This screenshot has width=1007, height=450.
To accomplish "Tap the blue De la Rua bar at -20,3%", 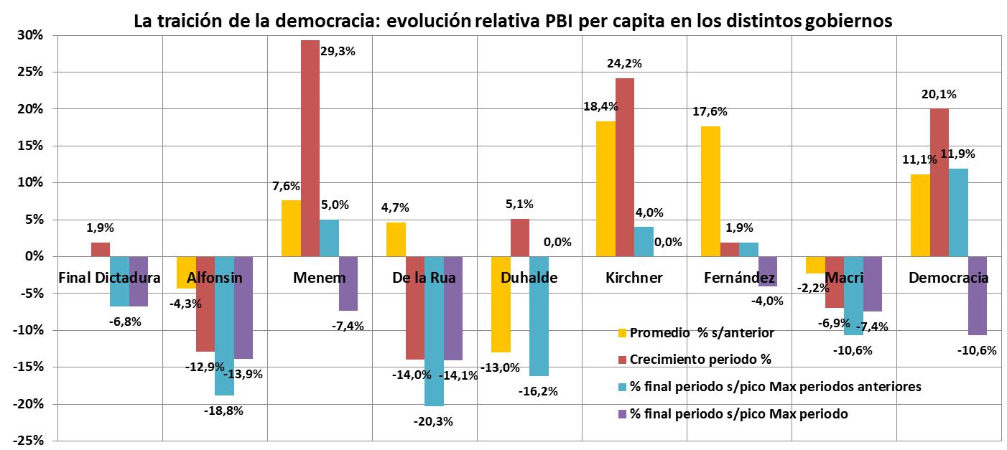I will (x=434, y=331).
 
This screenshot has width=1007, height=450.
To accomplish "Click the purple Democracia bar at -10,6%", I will (x=977, y=296).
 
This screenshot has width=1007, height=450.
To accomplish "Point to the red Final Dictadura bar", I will (x=101, y=249).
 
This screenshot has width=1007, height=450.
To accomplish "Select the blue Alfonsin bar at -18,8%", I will (x=224, y=326).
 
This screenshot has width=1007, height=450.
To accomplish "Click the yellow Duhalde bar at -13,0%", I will (x=501, y=304).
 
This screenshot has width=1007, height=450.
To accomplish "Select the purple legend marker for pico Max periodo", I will (x=621, y=414).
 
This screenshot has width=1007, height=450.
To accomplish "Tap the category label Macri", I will (x=843, y=278).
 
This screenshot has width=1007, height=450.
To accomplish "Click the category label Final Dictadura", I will (x=109, y=278).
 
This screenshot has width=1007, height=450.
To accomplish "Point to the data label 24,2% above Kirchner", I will (x=624, y=63).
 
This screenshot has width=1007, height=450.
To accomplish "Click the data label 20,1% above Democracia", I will (x=939, y=94).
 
